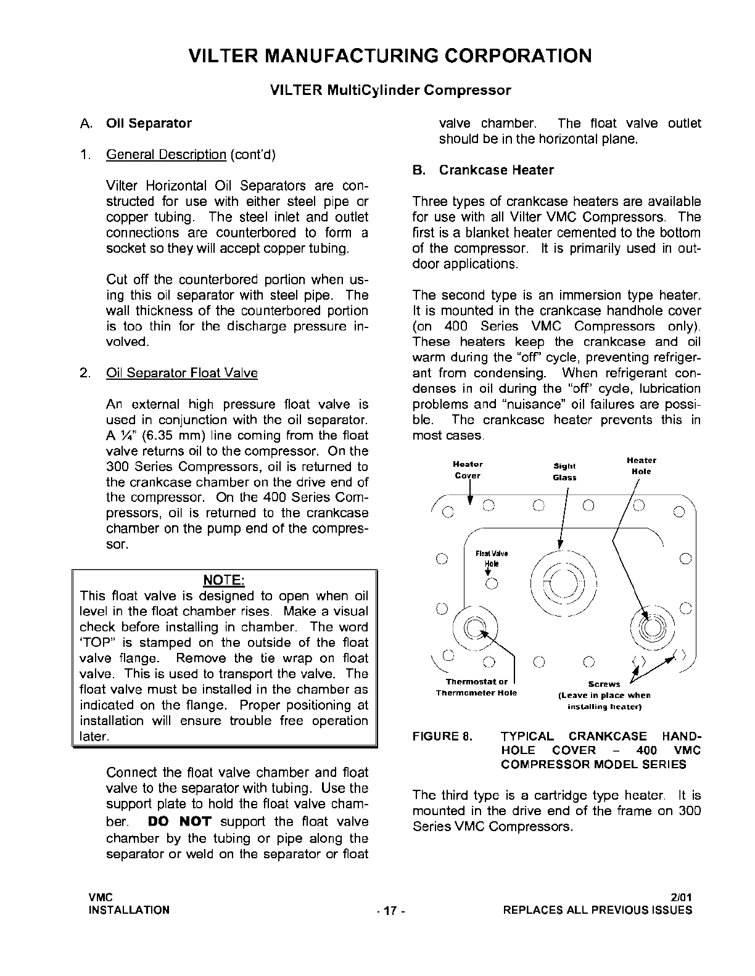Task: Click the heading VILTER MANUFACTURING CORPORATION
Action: point(390,56)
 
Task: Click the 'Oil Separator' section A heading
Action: point(149,123)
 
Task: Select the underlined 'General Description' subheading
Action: point(166,154)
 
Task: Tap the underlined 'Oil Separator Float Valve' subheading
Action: point(182,373)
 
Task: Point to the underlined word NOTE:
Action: point(224,580)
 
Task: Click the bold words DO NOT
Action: point(180,822)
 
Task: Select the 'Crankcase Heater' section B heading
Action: point(496,170)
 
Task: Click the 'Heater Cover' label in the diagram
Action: point(468,470)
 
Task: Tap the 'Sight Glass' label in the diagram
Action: point(564,472)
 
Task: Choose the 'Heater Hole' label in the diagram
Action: point(642,466)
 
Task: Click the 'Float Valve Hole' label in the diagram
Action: point(492,559)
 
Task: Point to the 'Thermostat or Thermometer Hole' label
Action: point(476,687)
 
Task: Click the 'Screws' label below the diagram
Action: point(604,684)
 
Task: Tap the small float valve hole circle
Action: point(492,584)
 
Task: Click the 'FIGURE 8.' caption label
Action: point(442,736)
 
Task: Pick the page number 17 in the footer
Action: point(389,911)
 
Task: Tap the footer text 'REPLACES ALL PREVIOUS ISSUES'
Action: point(598,910)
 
